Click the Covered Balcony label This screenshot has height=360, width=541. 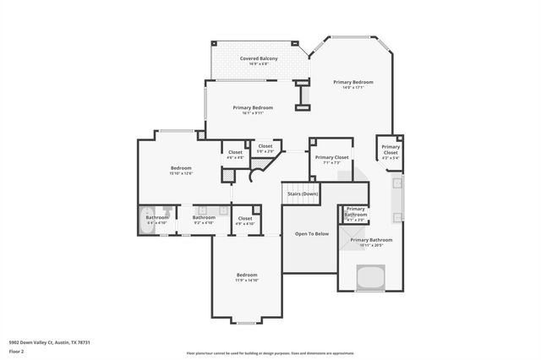pyautogui.click(x=258, y=60)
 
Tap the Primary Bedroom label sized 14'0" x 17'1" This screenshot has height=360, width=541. pyautogui.click(x=352, y=84)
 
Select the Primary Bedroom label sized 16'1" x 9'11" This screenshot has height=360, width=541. pyautogui.click(x=252, y=110)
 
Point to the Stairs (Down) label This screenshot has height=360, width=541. pyautogui.click(x=302, y=194)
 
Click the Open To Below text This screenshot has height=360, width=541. pyautogui.click(x=310, y=233)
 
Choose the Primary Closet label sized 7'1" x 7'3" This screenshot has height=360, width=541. pyautogui.click(x=331, y=160)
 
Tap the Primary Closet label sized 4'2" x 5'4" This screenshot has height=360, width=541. pyautogui.click(x=390, y=152)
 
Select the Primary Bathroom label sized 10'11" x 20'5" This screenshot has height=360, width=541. pyautogui.click(x=371, y=243)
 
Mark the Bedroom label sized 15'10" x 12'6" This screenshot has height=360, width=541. pyautogui.click(x=181, y=170)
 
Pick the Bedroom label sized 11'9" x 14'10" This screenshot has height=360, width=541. pyautogui.click(x=247, y=277)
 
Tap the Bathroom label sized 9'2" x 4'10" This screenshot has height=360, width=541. pyautogui.click(x=204, y=220)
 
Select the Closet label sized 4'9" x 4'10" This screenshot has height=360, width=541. pyautogui.click(x=245, y=221)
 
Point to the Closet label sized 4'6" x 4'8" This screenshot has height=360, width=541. pyautogui.click(x=235, y=155)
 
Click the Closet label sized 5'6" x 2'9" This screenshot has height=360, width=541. pyautogui.click(x=265, y=148)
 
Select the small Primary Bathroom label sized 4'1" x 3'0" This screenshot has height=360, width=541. pyautogui.click(x=355, y=214)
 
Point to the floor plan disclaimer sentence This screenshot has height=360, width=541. pyautogui.click(x=270, y=352)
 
